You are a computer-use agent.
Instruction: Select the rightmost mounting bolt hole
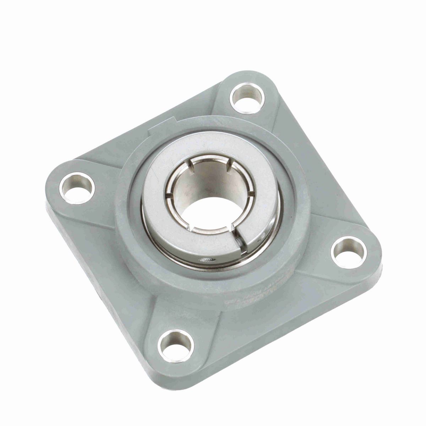(x=348, y=252)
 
